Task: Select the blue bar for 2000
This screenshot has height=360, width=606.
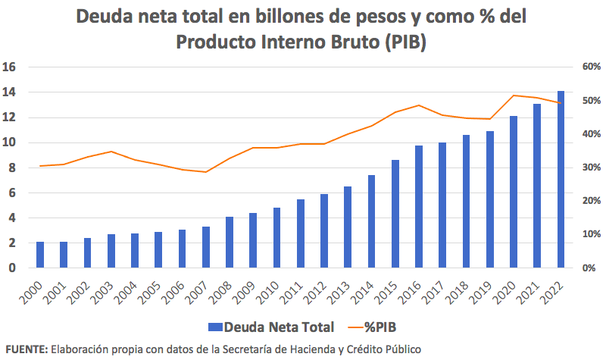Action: click(x=40, y=255)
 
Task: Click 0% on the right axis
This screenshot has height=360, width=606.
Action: click(x=589, y=268)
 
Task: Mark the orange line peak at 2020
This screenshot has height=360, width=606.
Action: click(x=514, y=95)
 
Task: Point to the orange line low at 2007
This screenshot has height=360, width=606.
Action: click(x=206, y=172)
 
